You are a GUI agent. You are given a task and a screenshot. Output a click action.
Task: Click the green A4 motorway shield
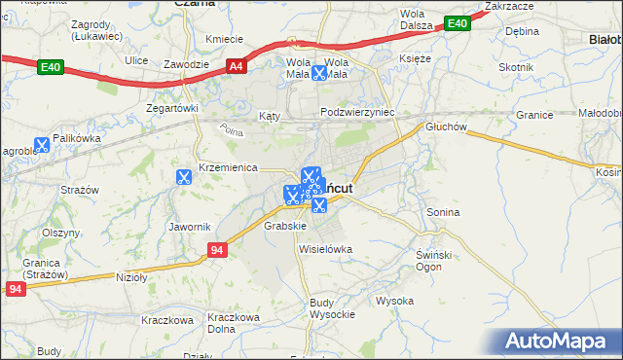point(236,66)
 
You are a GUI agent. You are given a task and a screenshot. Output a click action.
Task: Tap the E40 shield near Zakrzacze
point(456,22)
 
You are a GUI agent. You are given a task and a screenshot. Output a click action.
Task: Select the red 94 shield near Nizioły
point(217,251)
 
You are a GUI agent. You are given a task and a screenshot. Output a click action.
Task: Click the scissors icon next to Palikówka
point(41,145)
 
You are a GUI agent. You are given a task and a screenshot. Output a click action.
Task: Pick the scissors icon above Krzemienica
point(183,176)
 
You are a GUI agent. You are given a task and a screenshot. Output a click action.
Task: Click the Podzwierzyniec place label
point(358,112)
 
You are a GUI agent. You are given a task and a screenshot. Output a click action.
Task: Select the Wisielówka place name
point(325,249)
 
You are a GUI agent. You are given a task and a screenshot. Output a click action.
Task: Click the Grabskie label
point(285,226)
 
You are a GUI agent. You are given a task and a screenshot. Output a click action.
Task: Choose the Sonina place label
point(443,211)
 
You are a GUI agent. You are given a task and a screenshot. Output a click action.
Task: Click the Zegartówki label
point(172,108)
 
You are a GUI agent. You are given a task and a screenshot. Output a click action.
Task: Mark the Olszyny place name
point(60,234)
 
